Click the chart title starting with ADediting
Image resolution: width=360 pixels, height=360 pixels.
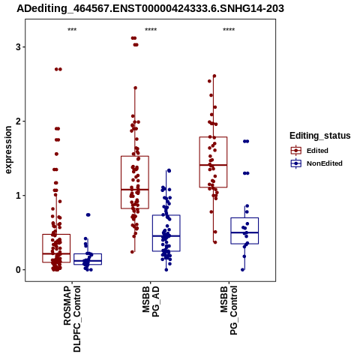150,8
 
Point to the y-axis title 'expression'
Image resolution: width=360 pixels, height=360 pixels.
8,150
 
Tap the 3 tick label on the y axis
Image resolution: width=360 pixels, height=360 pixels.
18,46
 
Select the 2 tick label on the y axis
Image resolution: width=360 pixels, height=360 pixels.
18,121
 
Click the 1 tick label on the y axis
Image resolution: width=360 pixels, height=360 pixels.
18,196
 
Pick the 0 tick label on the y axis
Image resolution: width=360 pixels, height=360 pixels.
18,270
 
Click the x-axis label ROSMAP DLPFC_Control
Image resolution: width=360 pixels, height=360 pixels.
72,319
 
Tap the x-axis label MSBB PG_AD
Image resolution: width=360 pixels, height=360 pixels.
151,301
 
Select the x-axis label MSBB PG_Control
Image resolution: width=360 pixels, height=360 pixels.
229,310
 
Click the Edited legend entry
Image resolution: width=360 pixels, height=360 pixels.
309,151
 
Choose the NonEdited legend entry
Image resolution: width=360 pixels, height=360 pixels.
316,163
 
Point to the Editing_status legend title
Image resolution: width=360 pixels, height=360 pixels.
320,136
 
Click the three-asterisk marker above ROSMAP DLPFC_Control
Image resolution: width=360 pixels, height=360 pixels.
72,30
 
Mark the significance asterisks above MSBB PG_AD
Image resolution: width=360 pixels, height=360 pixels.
151,30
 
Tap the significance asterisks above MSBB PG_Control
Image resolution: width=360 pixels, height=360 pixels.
229,30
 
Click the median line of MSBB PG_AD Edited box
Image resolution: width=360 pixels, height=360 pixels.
135,190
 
